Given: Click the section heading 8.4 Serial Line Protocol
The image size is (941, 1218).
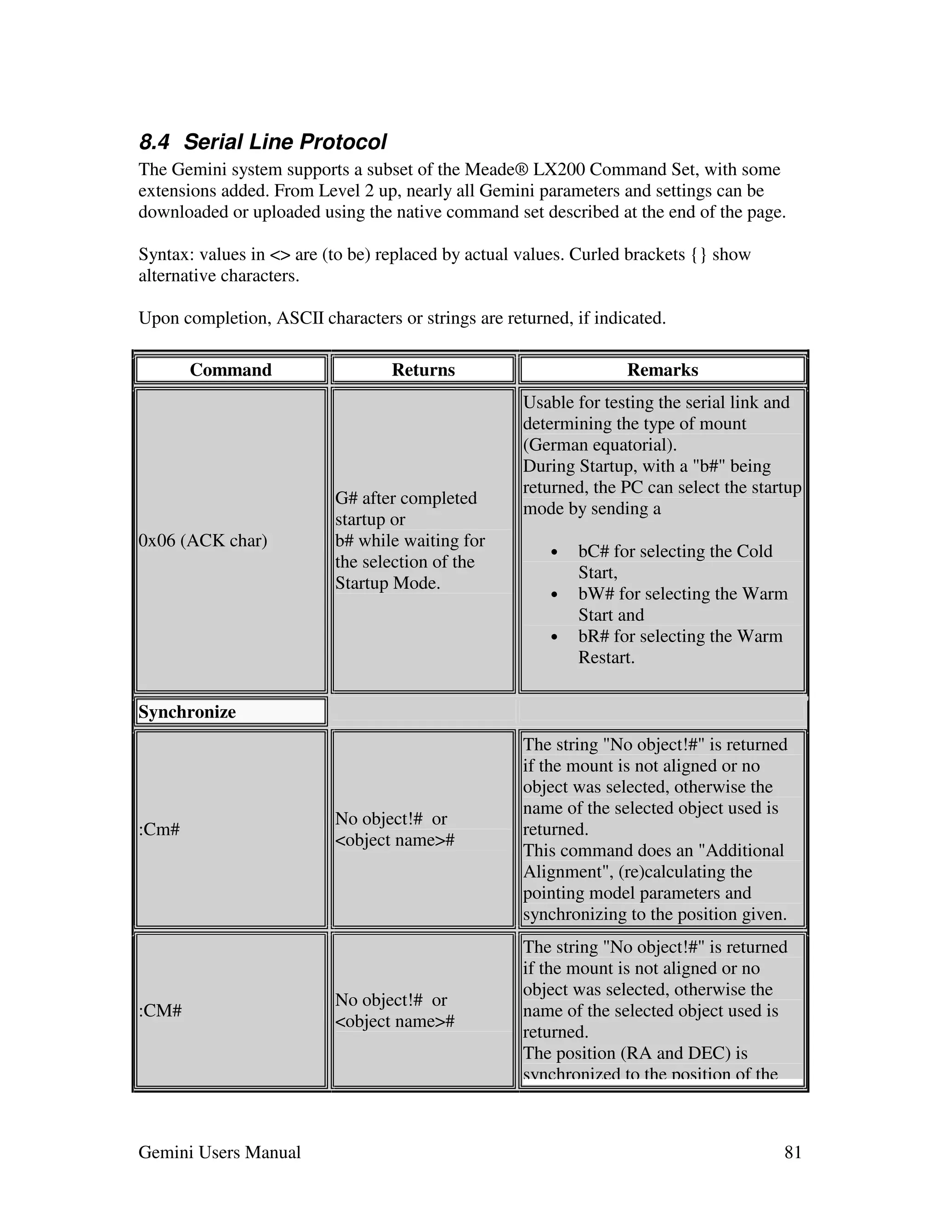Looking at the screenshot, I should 262,142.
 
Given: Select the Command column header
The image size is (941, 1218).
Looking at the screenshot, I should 230,370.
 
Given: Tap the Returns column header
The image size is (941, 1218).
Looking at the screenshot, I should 423,370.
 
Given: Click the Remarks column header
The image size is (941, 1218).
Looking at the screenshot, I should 662,370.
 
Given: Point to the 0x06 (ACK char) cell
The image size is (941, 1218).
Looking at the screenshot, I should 203,541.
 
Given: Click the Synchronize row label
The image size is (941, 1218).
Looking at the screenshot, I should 187,711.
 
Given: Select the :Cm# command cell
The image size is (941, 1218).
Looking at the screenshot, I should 159,829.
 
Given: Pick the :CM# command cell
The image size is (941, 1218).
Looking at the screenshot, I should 160,1011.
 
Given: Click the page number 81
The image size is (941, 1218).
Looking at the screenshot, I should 793,1152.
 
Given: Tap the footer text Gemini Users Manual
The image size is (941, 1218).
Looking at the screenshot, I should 219,1152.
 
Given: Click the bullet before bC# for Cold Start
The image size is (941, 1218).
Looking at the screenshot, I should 554,552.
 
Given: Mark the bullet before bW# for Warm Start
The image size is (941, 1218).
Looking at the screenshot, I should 554,594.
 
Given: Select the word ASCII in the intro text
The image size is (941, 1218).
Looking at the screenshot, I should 300,318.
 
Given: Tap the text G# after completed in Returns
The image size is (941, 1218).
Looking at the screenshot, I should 406,498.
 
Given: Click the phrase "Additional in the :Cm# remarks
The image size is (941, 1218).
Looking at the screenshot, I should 741,850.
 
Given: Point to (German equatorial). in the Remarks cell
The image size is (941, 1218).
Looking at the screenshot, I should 600,445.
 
